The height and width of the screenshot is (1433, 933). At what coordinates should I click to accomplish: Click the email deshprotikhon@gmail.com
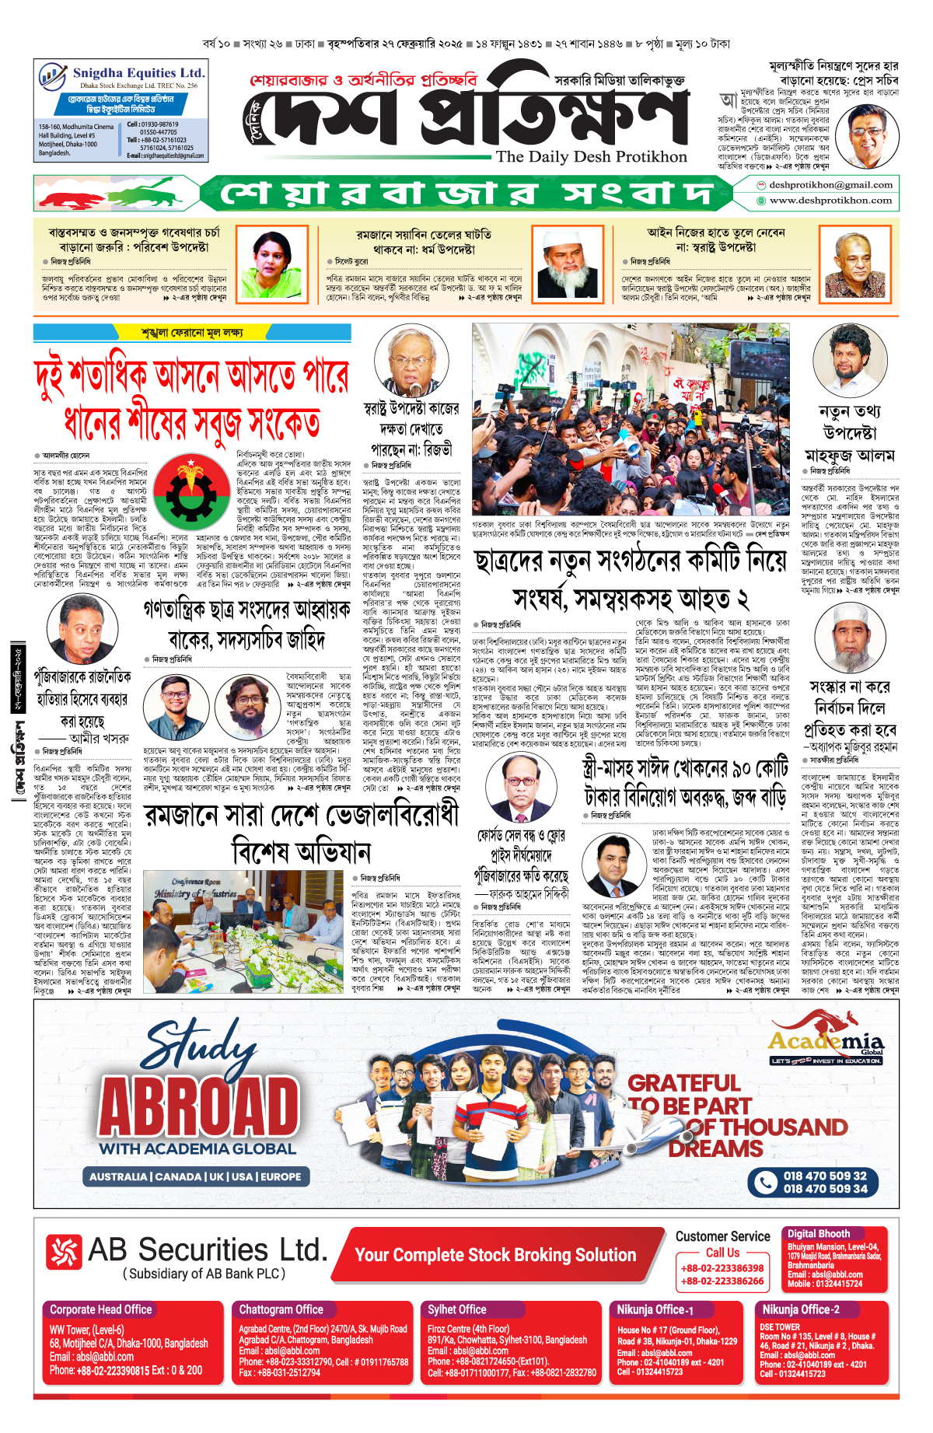coord(830,185)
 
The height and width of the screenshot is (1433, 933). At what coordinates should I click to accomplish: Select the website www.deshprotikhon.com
coord(830,201)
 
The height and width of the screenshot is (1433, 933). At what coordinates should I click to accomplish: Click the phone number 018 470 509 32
coord(824,1176)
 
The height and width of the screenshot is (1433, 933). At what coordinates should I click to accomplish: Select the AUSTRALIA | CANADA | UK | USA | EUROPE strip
coord(195,1176)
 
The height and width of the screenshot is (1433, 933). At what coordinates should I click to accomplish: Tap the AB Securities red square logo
coord(63,1253)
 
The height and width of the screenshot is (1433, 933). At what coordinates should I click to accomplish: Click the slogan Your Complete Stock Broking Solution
coord(495,1255)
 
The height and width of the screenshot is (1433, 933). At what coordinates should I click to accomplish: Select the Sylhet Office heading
coord(457,1309)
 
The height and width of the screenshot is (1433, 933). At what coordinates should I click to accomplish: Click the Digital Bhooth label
coord(818,1233)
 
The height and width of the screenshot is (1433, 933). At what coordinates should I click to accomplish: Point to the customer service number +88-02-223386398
coord(722,1268)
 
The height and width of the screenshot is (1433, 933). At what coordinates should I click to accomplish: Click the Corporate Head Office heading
coord(101,1309)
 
